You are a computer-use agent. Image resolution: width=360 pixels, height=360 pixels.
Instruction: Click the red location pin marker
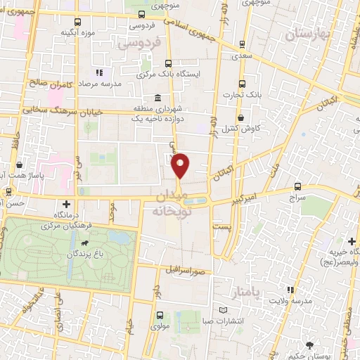(x=181, y=165)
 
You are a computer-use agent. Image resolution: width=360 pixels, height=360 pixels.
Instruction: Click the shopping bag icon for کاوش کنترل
(x=243, y=117)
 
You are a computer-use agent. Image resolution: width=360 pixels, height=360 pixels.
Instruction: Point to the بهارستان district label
(x=309, y=34)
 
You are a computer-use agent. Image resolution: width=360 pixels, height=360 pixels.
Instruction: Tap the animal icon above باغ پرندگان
(x=84, y=243)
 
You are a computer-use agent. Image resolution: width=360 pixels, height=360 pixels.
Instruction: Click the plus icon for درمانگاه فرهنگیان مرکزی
(x=66, y=204)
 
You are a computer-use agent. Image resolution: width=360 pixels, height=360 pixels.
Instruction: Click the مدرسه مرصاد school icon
(x=99, y=72)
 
